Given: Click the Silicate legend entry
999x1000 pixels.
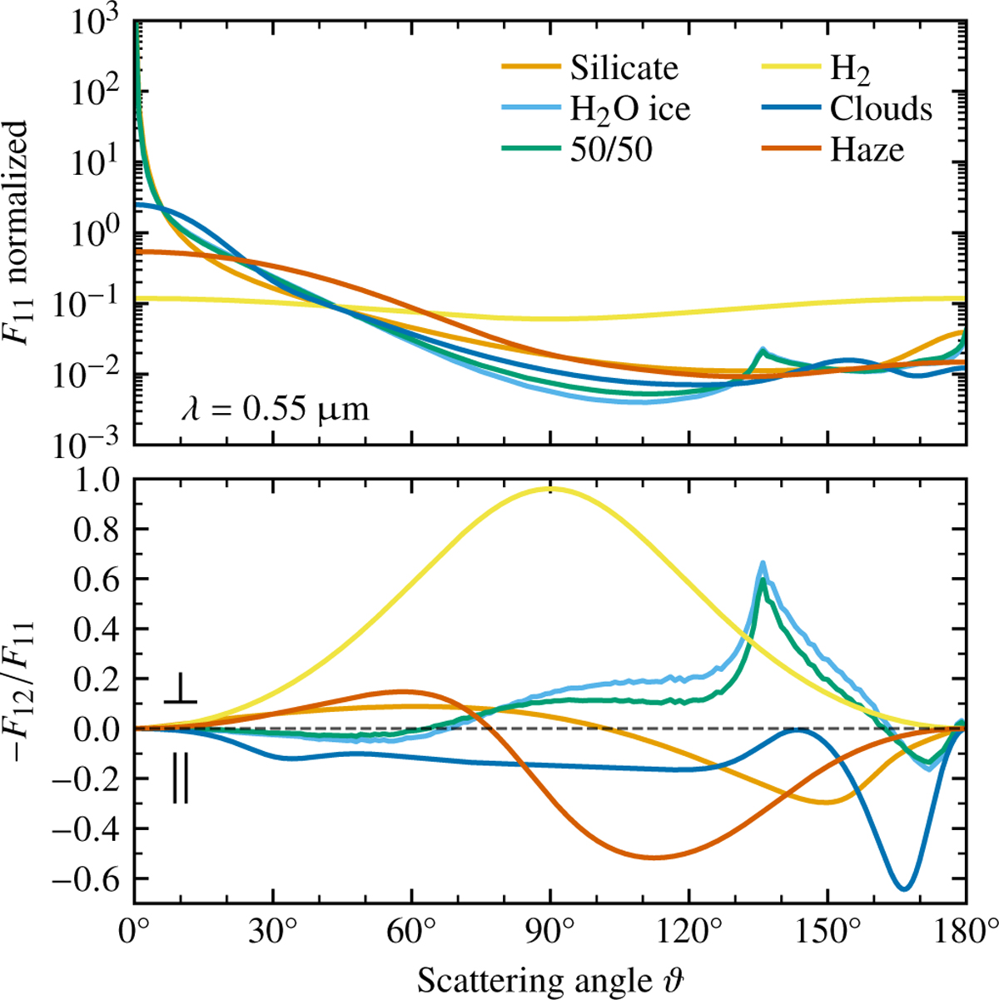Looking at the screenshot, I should pos(624,68).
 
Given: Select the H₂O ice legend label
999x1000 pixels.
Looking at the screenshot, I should pos(630,109).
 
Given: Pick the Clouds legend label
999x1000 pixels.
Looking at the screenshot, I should pos(880,109).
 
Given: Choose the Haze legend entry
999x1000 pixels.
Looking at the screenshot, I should pos(867,150).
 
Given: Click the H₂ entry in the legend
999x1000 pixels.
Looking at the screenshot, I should pos(850,70).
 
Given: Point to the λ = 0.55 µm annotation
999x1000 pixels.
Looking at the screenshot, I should pos(275,409).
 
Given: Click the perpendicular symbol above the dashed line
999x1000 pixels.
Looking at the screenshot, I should pos(180,691).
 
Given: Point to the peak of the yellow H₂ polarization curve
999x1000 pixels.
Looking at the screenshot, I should pos(550,489).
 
